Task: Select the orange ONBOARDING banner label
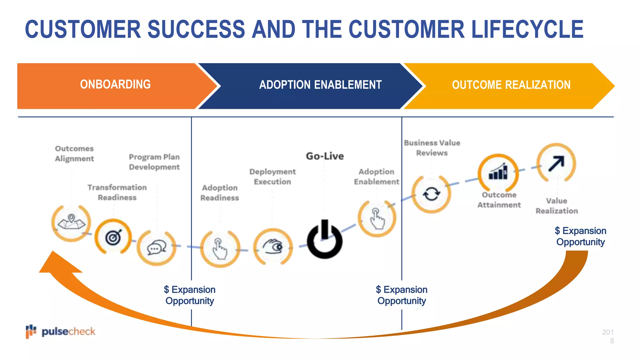[115, 84]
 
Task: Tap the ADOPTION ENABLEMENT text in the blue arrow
[320, 85]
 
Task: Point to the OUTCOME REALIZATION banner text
[511, 85]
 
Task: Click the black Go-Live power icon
[324, 240]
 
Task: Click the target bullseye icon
[113, 237]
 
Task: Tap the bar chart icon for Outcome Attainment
[498, 172]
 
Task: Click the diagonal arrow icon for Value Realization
[556, 163]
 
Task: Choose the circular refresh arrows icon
[431, 194]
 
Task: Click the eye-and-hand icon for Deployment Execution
[273, 247]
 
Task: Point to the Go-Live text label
[325, 156]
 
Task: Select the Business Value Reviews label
[432, 148]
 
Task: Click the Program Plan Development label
[154, 162]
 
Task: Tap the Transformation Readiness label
[117, 192]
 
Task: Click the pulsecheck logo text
[68, 332]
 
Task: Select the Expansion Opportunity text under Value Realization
[580, 236]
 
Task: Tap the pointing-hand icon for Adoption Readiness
[220, 248]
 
